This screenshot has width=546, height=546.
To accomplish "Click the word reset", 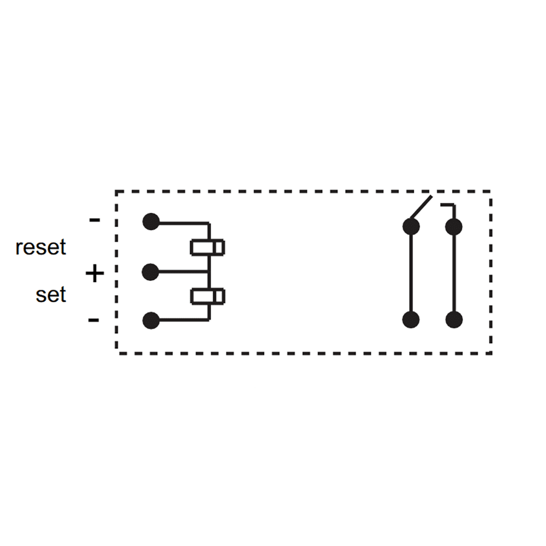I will (41, 248).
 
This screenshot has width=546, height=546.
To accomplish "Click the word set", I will (51, 295).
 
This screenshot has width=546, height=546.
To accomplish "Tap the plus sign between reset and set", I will (94, 274).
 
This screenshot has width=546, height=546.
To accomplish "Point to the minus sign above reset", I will (94, 220).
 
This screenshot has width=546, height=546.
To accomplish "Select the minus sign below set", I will (93, 320).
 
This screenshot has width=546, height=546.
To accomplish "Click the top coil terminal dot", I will (151, 222).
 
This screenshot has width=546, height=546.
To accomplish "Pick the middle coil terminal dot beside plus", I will (151, 271).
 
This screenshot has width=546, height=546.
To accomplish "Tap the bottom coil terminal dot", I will (151, 320).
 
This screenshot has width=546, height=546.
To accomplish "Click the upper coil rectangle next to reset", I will (207, 247).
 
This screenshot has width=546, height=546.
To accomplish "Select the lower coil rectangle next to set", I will (207, 296).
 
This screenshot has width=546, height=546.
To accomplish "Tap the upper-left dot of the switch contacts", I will (411, 227).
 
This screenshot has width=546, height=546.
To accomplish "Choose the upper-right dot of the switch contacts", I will (454, 227).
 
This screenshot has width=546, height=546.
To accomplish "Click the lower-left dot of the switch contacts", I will (411, 320).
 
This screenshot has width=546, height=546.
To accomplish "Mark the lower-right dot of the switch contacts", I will (454, 320).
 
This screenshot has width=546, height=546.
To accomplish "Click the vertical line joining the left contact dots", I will (411, 273).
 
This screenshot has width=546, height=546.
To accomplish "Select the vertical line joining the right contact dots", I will (454, 273).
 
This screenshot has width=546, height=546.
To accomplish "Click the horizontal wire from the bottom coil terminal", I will (181, 320).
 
